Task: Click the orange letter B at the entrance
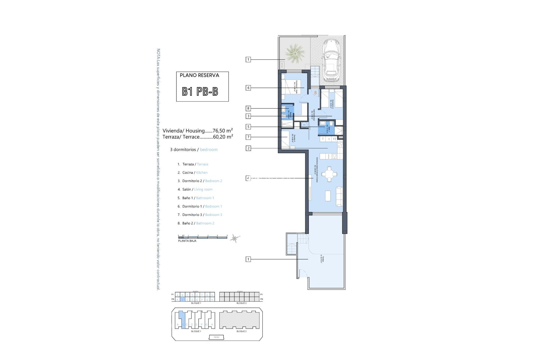pos(316,93)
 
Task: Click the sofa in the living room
pos(339,196)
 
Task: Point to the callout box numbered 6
pos(248,88)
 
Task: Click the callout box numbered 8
pos(248,108)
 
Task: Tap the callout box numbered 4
pos(248,178)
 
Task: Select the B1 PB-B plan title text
pos(200,92)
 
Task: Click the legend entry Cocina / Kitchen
pos(195,173)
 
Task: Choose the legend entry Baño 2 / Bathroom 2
pos(198,223)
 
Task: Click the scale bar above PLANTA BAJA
pos(202,238)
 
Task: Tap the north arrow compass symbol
pos(234,239)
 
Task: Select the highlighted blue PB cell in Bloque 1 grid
pos(182,300)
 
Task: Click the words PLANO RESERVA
pos(199,75)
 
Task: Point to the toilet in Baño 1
pos(331,124)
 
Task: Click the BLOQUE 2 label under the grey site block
pos(241,331)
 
